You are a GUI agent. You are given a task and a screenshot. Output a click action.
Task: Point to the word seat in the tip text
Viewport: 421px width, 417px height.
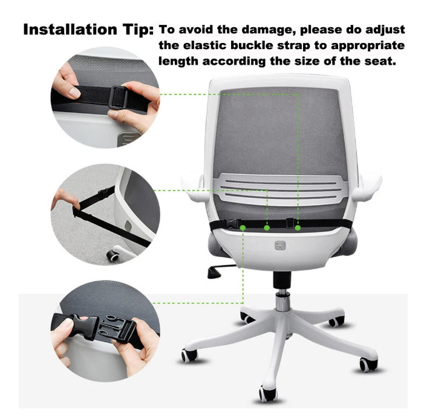[380, 61]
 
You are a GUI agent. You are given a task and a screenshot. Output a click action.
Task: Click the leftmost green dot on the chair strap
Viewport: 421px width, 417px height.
[243, 228]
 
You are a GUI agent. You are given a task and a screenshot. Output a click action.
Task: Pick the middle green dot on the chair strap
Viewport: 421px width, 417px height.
[267, 228]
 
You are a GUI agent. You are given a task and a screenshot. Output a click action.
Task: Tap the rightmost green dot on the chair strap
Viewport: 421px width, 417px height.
[298, 228]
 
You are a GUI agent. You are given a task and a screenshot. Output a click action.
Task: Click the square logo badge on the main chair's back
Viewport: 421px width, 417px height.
[280, 246]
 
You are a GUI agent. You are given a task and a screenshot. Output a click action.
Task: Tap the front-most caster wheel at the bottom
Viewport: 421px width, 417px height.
[267, 393]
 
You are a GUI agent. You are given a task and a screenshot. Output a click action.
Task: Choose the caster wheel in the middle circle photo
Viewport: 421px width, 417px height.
[113, 255]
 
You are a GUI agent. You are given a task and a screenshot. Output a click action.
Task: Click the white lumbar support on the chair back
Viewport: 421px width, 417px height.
[280, 190]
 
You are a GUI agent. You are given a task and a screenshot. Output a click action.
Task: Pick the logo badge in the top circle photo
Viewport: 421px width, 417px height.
[128, 139]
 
